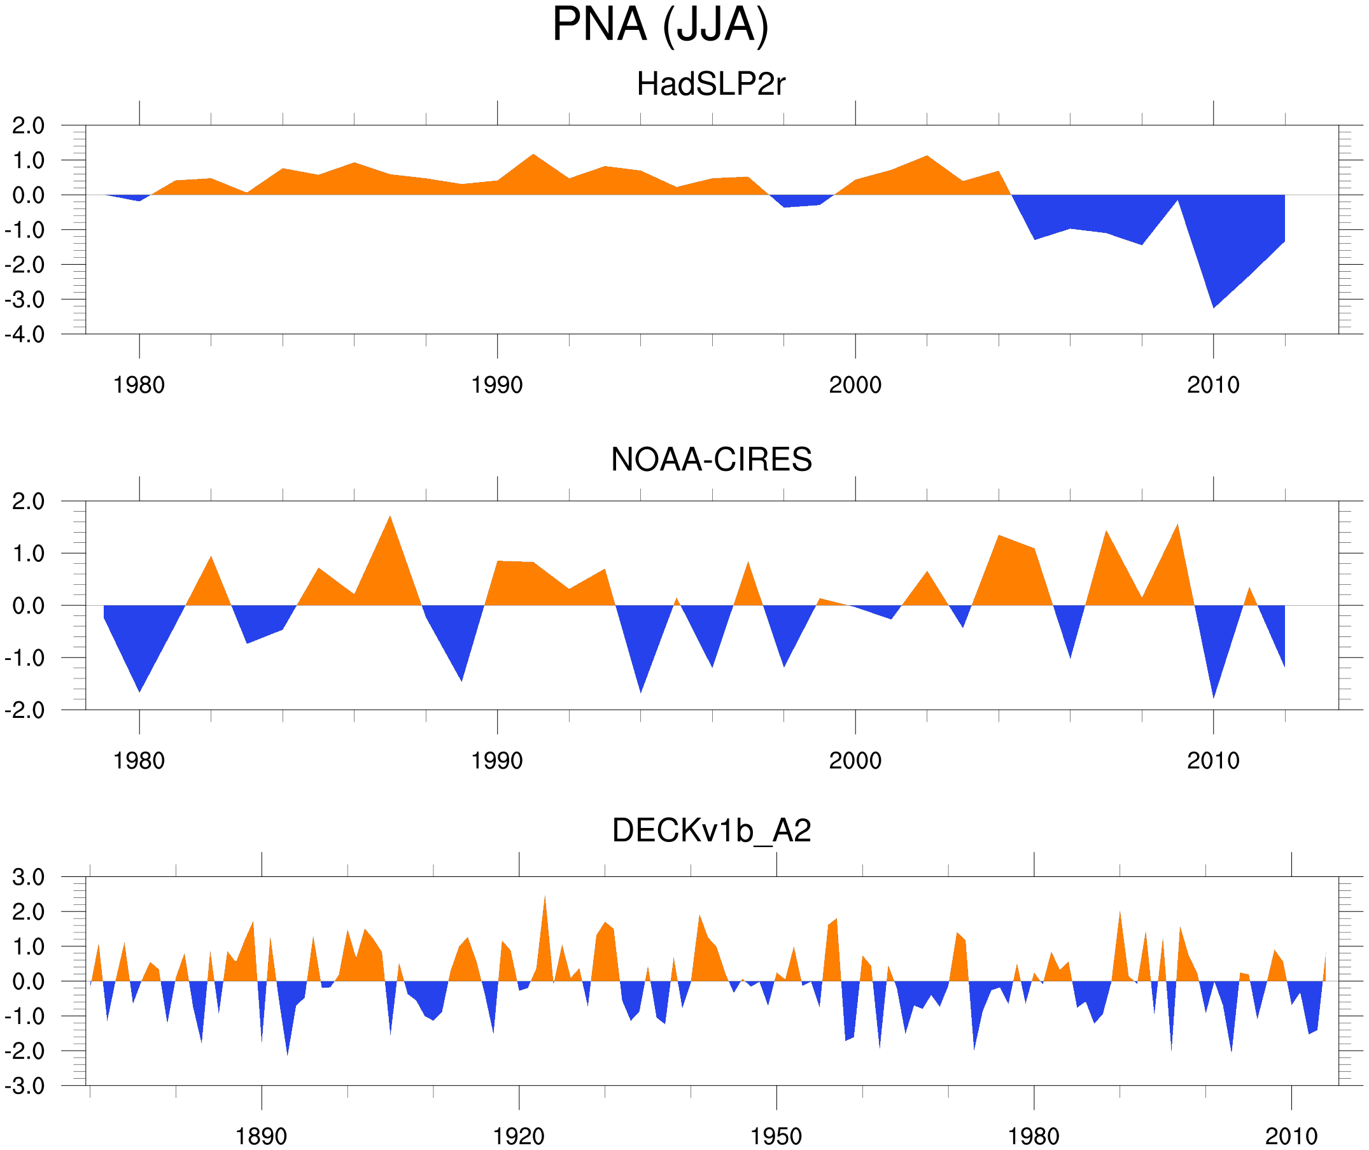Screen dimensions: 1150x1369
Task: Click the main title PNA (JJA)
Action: click(x=660, y=25)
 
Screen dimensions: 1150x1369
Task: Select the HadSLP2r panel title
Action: click(x=710, y=84)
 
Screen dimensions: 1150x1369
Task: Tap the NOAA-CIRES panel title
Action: click(x=711, y=459)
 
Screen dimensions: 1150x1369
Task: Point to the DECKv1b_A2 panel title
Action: click(x=711, y=831)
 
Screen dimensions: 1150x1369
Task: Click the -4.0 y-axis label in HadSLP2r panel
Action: click(x=25, y=335)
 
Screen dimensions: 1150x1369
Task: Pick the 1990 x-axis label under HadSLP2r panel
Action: click(x=497, y=385)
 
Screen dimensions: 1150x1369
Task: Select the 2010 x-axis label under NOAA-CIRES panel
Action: click(x=1212, y=761)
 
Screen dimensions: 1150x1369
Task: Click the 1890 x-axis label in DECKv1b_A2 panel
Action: click(x=261, y=1136)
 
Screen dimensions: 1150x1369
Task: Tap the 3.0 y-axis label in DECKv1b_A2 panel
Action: click(x=29, y=878)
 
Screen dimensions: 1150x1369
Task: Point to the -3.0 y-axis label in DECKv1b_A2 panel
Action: click(x=25, y=1086)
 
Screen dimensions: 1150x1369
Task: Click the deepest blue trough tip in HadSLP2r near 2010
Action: click(x=1213, y=307)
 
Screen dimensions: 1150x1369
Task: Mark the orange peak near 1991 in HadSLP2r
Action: click(x=533, y=155)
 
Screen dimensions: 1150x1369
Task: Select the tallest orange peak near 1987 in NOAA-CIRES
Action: click(x=390, y=516)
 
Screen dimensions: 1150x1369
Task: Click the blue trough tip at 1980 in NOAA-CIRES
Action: click(x=139, y=691)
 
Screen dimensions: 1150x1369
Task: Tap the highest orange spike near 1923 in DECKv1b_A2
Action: click(x=545, y=897)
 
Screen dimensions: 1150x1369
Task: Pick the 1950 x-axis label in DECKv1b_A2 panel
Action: click(x=776, y=1136)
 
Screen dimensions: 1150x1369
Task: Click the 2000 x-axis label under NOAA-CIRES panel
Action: click(x=855, y=761)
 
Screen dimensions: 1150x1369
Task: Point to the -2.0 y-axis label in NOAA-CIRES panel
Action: click(x=25, y=711)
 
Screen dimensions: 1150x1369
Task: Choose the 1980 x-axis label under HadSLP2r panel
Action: click(x=139, y=385)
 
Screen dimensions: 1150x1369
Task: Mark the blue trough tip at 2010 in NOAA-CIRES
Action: click(x=1213, y=698)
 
